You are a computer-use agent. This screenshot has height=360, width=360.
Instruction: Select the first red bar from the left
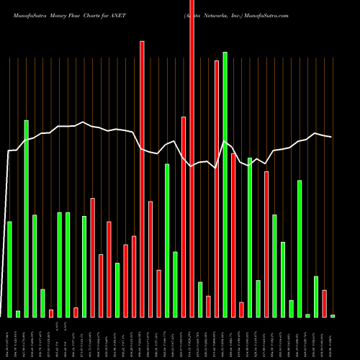point(51,313)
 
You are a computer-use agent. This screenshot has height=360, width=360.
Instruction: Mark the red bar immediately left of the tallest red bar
point(184,216)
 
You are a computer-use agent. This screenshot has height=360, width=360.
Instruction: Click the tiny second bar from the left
point(18,313)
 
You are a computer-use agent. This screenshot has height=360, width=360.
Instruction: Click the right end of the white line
point(332,137)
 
